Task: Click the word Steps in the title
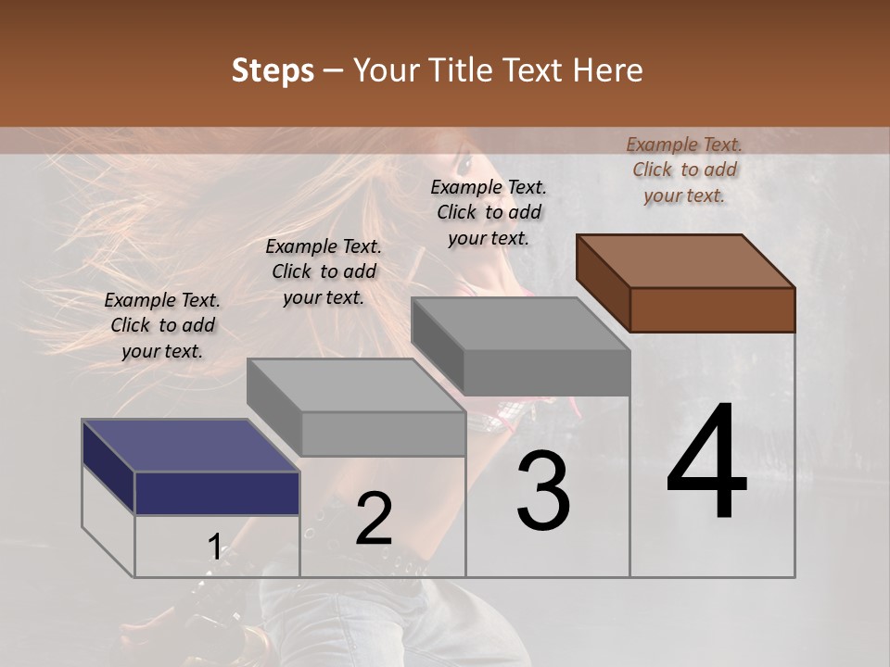click(x=273, y=71)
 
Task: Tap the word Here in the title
click(x=608, y=70)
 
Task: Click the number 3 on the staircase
click(x=542, y=491)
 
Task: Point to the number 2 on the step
click(x=374, y=520)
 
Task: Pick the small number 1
click(x=214, y=547)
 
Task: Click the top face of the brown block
click(x=685, y=260)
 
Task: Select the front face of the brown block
click(x=712, y=309)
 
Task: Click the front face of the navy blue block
click(x=217, y=493)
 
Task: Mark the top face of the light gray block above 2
click(x=356, y=385)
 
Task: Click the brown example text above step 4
click(x=684, y=170)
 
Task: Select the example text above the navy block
click(x=162, y=325)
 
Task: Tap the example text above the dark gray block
click(x=489, y=212)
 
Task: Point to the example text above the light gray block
click(x=324, y=271)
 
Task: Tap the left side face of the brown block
click(x=603, y=283)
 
